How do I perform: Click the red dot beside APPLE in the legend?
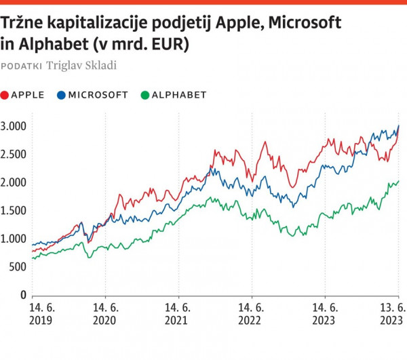pyautogui.click(x=6, y=96)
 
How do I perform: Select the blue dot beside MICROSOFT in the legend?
pyautogui.click(x=62, y=96)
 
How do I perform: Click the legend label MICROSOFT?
pyautogui.click(x=98, y=96)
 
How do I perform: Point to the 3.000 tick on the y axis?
pyautogui.click(x=14, y=126)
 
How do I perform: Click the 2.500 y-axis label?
pyautogui.click(x=14, y=154)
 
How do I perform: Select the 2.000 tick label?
pyautogui.click(x=14, y=182)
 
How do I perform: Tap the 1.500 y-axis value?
pyautogui.click(x=14, y=211)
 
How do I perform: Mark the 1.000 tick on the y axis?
pyautogui.click(x=14, y=239)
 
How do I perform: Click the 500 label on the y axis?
pyautogui.click(x=18, y=267)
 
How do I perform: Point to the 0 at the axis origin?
pyautogui.click(x=23, y=295)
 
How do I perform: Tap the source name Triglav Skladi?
pyautogui.click(x=81, y=66)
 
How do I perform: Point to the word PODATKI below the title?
pyautogui.click(x=22, y=66)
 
